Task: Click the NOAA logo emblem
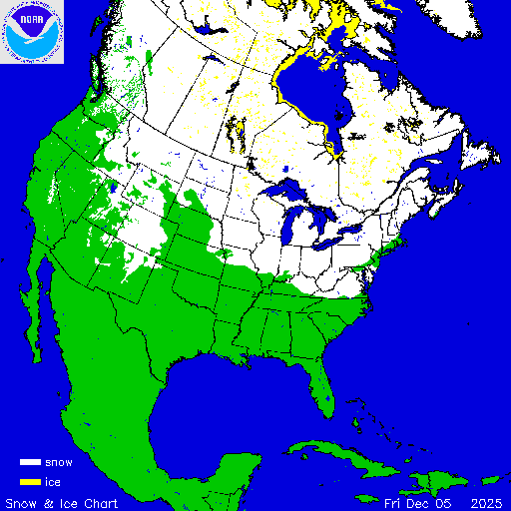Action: pyautogui.click(x=32, y=32)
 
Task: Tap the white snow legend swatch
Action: pyautogui.click(x=29, y=463)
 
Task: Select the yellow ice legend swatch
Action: pyautogui.click(x=29, y=482)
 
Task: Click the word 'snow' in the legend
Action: pyautogui.click(x=58, y=463)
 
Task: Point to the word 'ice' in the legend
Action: pyautogui.click(x=52, y=482)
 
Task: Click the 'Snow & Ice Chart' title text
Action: pyautogui.click(x=62, y=502)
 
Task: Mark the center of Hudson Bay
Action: pyautogui.click(x=309, y=90)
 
